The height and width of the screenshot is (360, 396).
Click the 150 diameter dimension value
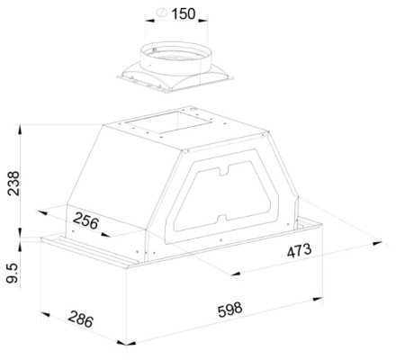pyautogui.click(x=184, y=13)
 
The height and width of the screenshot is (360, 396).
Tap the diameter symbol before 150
pyautogui.click(x=162, y=13)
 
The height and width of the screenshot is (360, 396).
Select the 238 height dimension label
pyautogui.click(x=13, y=184)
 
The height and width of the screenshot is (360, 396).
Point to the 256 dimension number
pyautogui.click(x=85, y=220)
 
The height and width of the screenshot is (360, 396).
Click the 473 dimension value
pyautogui.click(x=299, y=250)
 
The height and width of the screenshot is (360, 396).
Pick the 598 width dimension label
pyautogui.click(x=229, y=310)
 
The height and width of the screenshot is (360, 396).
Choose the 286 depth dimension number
pyautogui.click(x=80, y=319)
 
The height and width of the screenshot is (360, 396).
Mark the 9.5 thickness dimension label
pyautogui.click(x=13, y=273)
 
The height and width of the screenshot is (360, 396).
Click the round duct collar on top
pyautogui.click(x=176, y=58)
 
